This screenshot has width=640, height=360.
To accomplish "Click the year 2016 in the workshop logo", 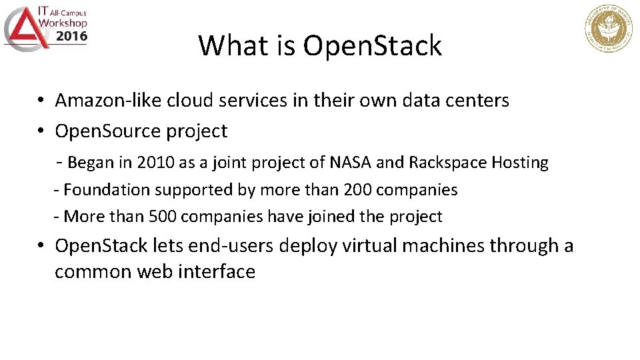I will (71, 36).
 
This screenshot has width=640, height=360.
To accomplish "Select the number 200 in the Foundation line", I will (358, 190).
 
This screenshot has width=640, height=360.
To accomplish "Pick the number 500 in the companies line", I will (163, 217).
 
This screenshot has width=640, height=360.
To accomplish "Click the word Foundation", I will (106, 190).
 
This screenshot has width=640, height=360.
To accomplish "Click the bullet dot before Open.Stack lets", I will (41, 246).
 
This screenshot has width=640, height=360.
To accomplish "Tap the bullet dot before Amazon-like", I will (41, 101).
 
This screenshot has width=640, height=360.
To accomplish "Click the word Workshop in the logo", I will (63, 23).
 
